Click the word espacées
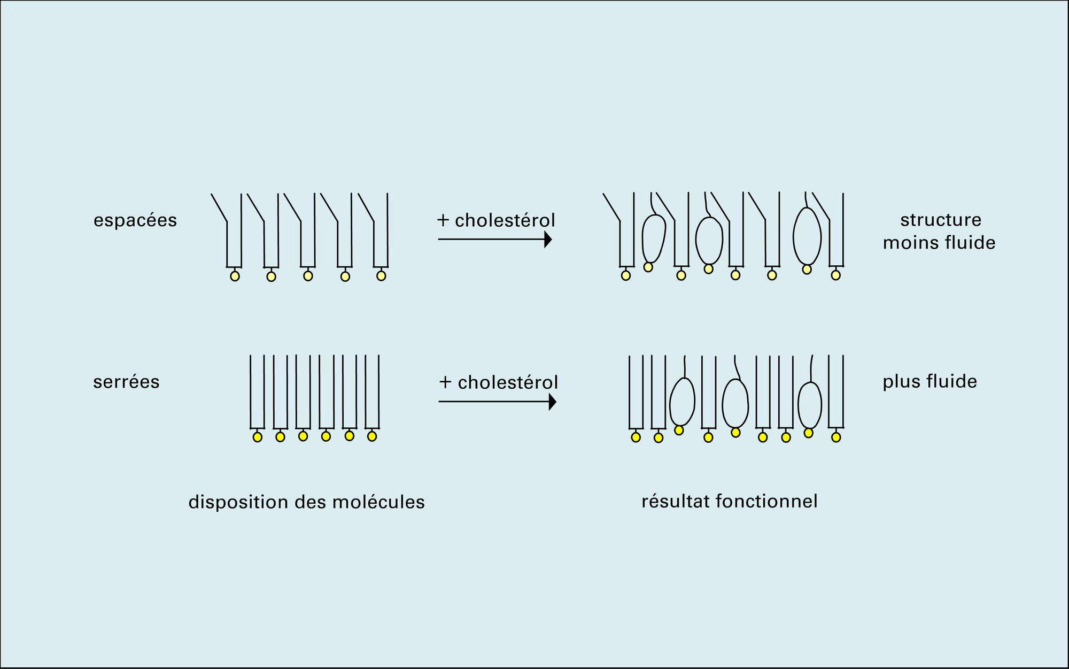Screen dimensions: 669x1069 135,220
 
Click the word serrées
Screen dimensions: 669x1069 126,382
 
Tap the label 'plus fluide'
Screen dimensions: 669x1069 929,381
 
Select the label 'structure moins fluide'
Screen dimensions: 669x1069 939,231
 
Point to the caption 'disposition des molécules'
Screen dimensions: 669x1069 306,502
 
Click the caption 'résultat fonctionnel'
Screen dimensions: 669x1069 729,501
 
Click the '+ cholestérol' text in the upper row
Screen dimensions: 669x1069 496,220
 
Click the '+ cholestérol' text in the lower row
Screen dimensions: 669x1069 498,382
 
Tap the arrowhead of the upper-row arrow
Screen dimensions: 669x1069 548,240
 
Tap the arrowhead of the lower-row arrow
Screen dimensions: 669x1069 553,402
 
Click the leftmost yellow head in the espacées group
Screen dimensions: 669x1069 235,276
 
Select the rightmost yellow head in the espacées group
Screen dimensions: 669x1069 381,276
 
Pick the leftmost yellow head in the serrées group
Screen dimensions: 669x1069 258,437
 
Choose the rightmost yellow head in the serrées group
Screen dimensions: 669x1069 372,436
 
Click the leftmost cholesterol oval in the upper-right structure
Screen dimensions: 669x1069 653,239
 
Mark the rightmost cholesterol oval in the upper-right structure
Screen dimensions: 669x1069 807,235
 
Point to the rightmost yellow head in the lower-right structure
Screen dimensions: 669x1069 836,437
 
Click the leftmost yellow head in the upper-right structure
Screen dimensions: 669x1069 626,275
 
